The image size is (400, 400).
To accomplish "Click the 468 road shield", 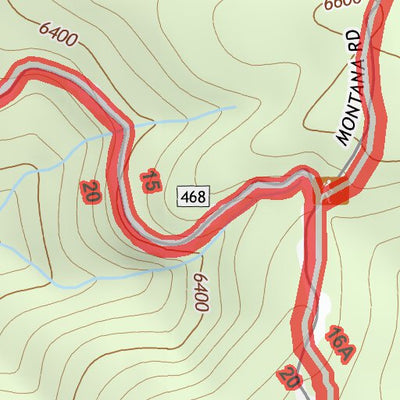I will pos(193,197).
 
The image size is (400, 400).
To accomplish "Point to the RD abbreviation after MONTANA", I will pos(353,42).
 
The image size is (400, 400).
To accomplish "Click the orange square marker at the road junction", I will pos(330,189).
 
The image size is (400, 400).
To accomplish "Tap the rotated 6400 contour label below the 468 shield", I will pos(199,291).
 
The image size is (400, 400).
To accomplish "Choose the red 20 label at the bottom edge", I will pos(290,376).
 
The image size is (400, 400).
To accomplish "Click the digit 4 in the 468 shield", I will pos(186,197).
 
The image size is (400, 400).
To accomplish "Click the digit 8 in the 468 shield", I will pos(201,197).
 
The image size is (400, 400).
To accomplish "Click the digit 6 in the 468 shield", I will pos(193,197).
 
